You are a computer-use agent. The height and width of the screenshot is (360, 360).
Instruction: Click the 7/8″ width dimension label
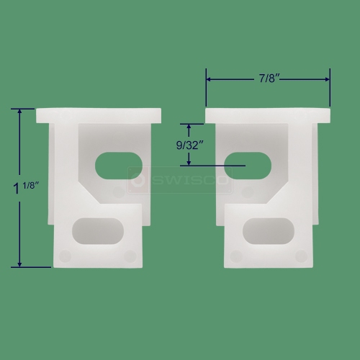[x=269, y=78]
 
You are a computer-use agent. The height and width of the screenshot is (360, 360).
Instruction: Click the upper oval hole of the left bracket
[x=119, y=166]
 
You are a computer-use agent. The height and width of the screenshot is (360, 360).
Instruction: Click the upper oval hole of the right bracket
[x=248, y=166]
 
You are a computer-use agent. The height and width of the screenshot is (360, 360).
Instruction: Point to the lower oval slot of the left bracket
[x=98, y=231]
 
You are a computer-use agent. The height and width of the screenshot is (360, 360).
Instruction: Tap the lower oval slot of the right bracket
[x=269, y=231]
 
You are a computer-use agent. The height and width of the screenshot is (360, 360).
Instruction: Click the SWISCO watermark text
[x=189, y=180]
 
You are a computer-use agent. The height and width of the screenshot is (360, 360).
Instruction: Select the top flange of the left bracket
[x=99, y=115]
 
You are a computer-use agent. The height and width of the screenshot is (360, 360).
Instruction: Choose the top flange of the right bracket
[x=268, y=115]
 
